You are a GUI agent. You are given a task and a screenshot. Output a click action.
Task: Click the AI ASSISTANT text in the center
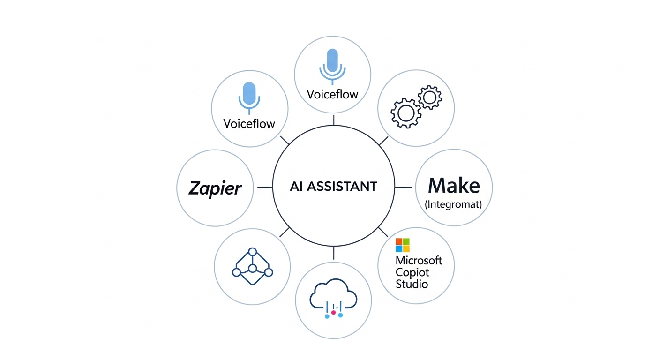[333, 187]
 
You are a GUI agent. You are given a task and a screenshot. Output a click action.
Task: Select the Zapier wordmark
[215, 188]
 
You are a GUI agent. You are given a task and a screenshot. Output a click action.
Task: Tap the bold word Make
[454, 186]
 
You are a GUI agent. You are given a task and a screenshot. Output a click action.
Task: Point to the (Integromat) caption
[454, 204]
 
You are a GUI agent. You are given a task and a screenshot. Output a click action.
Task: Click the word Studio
[412, 284]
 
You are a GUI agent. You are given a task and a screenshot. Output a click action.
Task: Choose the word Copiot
[412, 272]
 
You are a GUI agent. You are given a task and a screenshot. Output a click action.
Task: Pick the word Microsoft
[419, 260]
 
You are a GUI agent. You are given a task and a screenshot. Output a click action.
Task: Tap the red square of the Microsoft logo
[399, 241]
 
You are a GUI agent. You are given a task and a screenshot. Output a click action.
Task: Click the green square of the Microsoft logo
[406, 241]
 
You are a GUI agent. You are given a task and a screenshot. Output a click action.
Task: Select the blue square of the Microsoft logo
[399, 248]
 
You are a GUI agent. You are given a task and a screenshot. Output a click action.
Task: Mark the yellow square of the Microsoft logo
[406, 248]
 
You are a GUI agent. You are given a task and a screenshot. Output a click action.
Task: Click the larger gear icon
[405, 113]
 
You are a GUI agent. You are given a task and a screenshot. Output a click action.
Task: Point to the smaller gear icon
[429, 98]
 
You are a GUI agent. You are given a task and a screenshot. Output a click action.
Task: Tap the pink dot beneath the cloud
[333, 312]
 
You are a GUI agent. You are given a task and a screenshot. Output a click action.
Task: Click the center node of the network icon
[253, 268]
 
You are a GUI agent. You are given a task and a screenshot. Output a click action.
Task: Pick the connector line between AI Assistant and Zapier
[265, 187]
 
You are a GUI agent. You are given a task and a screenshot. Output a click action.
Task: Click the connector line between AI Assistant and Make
[403, 187]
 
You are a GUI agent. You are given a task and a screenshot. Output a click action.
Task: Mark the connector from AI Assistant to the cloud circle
[333, 253]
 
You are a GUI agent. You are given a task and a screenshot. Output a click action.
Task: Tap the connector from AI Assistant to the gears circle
[383, 140]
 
